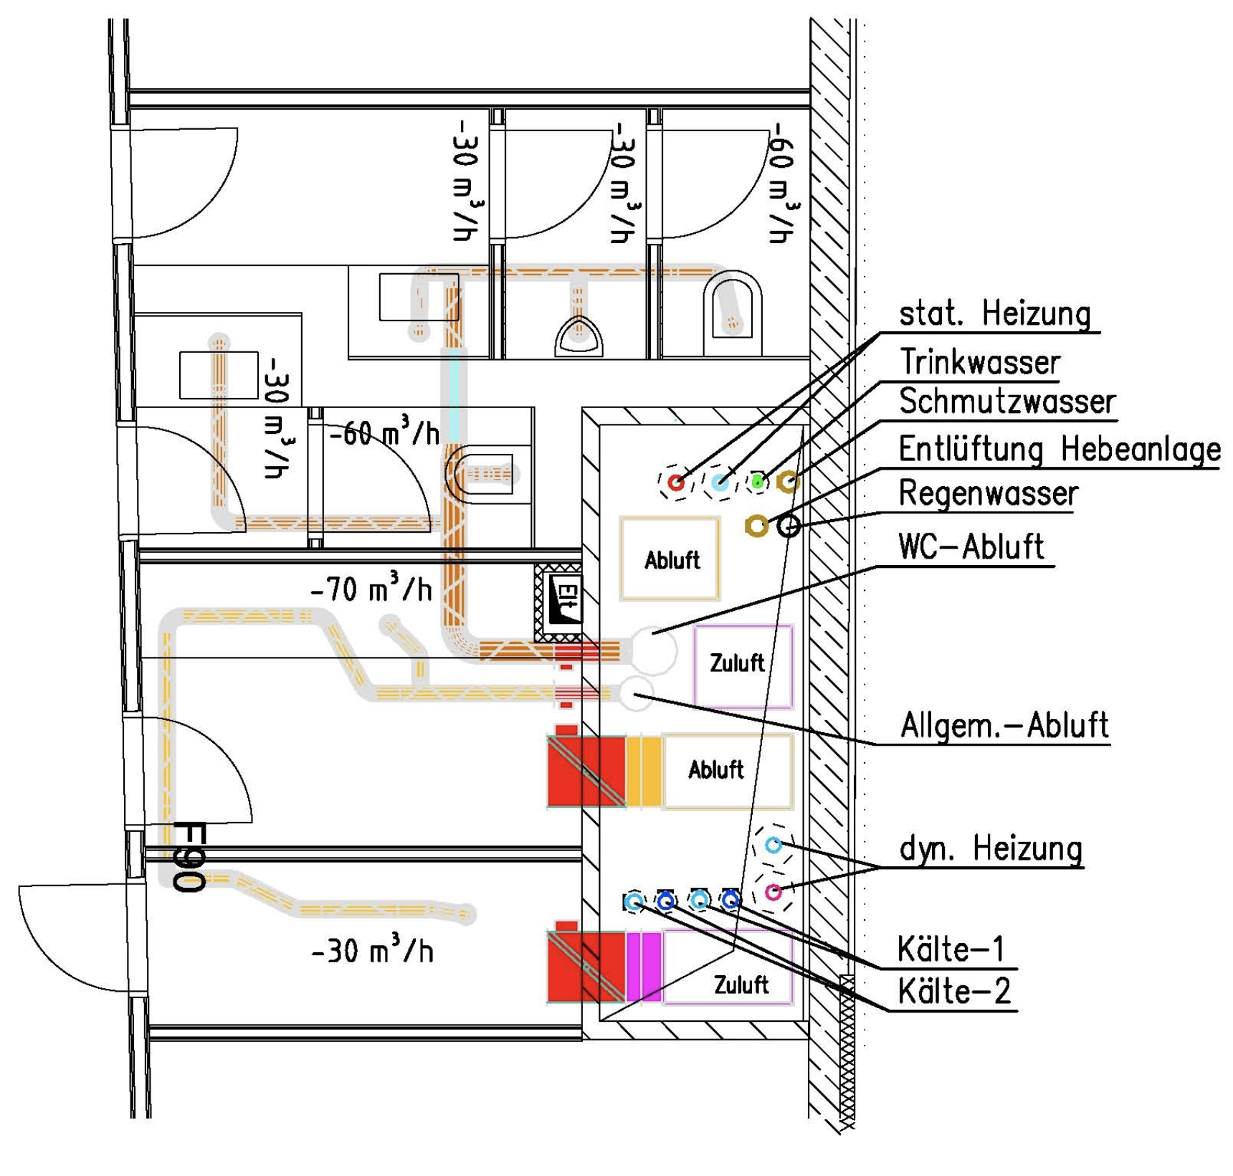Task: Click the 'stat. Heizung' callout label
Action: [995, 314]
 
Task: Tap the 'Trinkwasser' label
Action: [979, 362]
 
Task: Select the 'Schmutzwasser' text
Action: [1007, 402]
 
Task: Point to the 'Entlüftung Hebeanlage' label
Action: [1060, 450]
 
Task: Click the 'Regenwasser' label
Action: [989, 494]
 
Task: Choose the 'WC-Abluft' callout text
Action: [971, 547]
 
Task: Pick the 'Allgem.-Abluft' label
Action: [1004, 726]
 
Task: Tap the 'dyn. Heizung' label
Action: [991, 849]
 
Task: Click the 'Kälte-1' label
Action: [951, 950]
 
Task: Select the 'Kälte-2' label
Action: [954, 992]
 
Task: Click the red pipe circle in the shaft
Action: [676, 483]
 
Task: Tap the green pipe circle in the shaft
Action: [757, 482]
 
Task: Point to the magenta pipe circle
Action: [773, 892]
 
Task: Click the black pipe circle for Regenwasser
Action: [789, 526]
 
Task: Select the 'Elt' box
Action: [559, 601]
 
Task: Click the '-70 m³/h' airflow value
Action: [371, 589]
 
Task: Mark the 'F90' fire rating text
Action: [189, 857]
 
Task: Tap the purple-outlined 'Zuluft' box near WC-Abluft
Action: [743, 666]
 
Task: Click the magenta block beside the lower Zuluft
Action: [644, 966]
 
